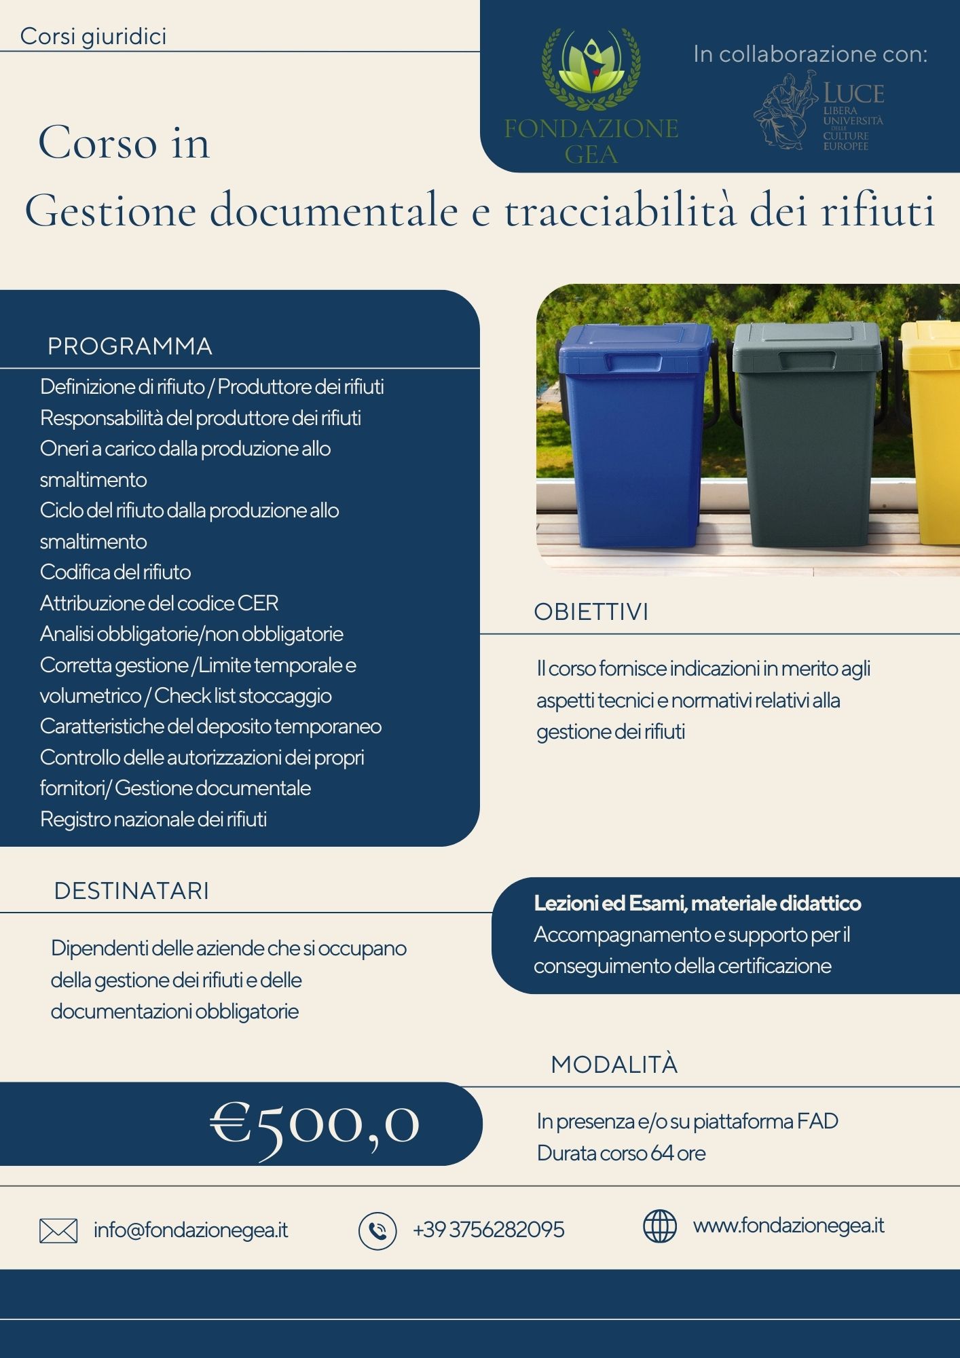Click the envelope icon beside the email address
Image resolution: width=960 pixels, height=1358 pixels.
click(58, 1230)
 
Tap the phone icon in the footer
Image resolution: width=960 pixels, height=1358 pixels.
click(377, 1231)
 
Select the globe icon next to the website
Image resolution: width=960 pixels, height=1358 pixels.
click(659, 1226)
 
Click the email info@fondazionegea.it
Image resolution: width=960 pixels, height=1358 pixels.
click(191, 1230)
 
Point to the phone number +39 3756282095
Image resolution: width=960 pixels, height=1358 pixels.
click(488, 1230)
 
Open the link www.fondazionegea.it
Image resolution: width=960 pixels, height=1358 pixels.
click(788, 1226)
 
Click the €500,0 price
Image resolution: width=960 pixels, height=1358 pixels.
click(314, 1124)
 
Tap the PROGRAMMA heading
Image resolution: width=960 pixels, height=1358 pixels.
click(130, 346)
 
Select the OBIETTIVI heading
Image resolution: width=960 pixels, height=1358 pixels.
click(591, 612)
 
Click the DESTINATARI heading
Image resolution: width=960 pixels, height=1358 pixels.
click(132, 891)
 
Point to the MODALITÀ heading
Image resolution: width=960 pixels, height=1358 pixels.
click(614, 1065)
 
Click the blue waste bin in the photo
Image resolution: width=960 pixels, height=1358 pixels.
click(633, 435)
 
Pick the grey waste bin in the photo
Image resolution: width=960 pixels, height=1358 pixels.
click(806, 435)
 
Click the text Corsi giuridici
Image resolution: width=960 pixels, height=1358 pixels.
click(93, 36)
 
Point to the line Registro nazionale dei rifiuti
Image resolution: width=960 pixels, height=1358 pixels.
click(153, 819)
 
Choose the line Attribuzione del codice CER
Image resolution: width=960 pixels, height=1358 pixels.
click(159, 603)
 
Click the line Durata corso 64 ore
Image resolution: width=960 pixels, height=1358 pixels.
click(621, 1153)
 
